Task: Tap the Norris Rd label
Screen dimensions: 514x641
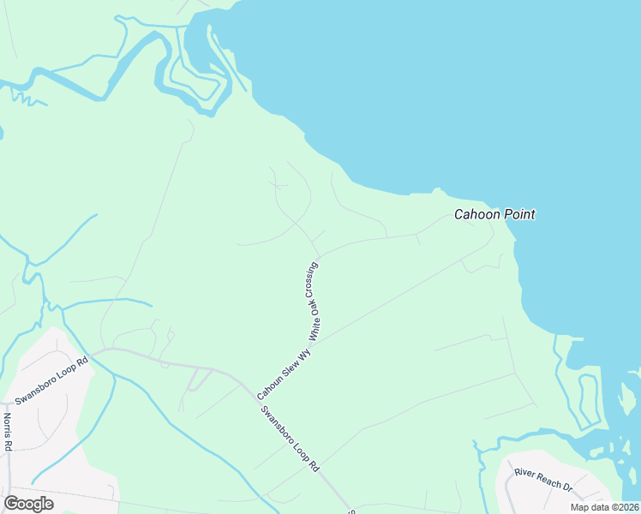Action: (8, 432)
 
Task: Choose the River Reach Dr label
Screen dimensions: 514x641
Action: (542, 480)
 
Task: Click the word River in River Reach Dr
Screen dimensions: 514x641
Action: (524, 474)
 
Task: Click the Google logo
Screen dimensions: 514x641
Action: (29, 504)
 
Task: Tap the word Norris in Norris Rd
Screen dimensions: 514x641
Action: (8, 427)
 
